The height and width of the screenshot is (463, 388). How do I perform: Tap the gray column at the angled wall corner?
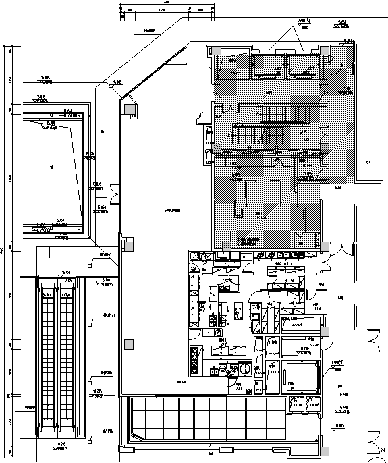click(x=128, y=108)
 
